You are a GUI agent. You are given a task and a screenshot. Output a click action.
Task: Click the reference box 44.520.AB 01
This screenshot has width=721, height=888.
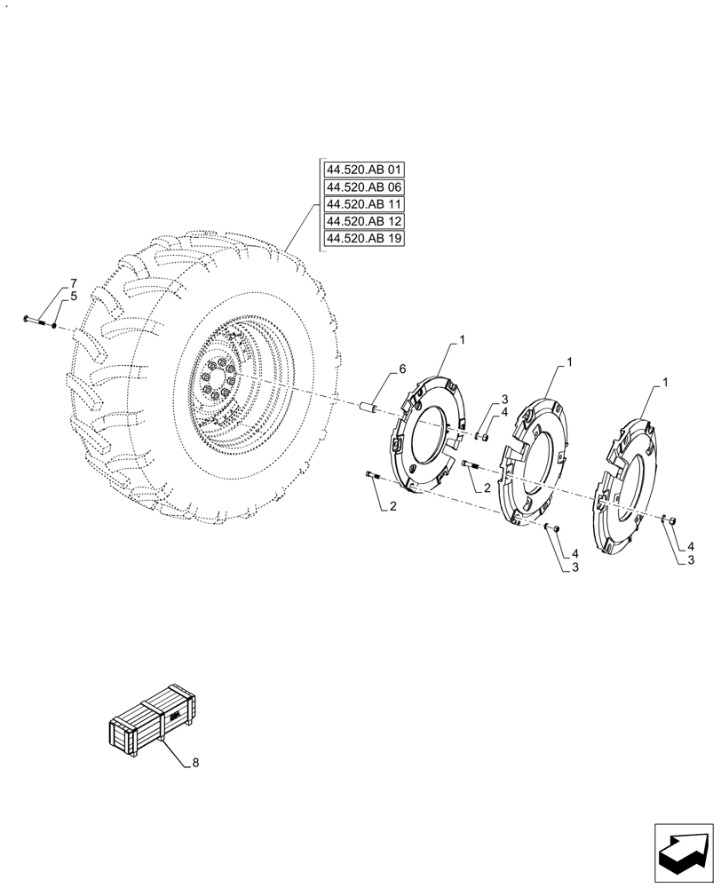point(364,170)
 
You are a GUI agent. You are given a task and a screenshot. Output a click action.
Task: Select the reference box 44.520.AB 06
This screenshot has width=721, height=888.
point(364,187)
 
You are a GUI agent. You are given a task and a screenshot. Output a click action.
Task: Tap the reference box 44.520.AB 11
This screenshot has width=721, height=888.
point(364,204)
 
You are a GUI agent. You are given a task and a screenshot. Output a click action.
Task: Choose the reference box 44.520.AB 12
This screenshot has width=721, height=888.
point(364,221)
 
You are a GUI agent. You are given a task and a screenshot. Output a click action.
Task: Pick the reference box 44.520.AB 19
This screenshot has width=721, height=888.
point(364,239)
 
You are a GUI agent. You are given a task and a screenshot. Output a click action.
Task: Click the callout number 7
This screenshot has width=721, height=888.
point(74,283)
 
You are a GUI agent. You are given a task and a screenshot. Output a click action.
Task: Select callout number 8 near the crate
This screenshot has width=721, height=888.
point(195,763)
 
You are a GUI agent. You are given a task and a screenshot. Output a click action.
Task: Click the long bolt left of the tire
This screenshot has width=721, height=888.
point(37,321)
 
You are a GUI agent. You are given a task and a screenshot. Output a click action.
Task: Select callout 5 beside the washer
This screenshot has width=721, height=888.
point(74,296)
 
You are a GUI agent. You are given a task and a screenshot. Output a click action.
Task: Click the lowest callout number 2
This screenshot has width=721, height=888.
point(391,507)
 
